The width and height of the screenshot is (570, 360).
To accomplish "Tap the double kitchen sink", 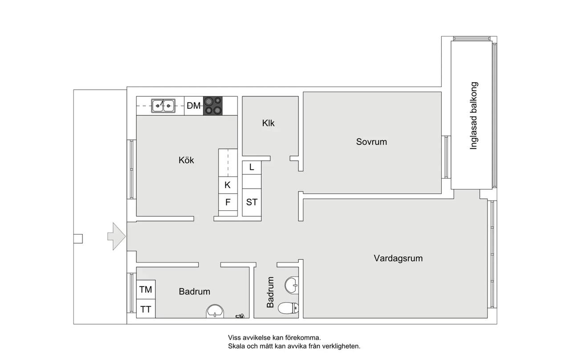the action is (163, 106).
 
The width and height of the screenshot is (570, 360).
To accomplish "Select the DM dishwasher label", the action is (194, 106).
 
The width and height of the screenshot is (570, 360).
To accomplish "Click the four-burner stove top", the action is (213, 106).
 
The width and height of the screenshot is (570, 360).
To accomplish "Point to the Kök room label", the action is (186, 160).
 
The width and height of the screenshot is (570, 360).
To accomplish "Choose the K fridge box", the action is (228, 185).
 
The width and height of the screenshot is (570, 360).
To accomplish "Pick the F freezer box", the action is (228, 202).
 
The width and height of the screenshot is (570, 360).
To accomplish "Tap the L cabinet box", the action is (252, 168).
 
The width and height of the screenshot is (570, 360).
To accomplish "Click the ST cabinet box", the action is (252, 202).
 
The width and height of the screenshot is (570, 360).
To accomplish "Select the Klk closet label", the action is (268, 123).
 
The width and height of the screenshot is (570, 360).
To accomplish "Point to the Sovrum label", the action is (371, 142).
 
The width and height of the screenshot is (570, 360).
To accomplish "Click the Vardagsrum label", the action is (398, 258).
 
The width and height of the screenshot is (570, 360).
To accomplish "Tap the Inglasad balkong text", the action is (473, 115).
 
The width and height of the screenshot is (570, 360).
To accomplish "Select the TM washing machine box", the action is (146, 290).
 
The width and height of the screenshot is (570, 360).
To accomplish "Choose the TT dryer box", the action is (146, 309).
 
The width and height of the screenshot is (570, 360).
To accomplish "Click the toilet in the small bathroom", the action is (288, 308).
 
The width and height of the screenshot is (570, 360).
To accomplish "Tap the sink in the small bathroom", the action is (292, 285).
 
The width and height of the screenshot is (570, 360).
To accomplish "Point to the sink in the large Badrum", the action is (215, 311).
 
